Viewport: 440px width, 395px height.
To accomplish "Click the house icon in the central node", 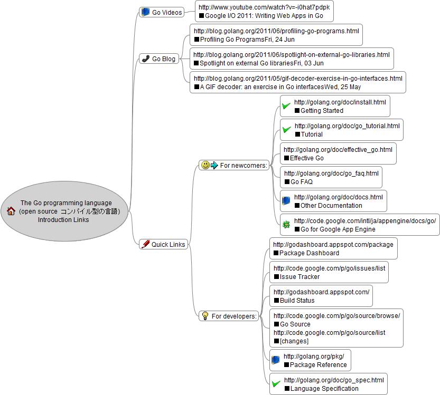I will (x=11, y=211).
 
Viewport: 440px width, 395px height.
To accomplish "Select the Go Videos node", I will (x=162, y=12).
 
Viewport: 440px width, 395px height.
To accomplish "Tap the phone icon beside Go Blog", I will (x=146, y=59).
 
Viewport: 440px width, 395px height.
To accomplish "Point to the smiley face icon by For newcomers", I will (x=205, y=165).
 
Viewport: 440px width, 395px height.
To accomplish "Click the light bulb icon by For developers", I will (x=205, y=316).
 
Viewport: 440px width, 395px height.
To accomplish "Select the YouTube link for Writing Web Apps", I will (x=264, y=12).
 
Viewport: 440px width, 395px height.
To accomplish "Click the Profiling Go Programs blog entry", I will (x=276, y=35).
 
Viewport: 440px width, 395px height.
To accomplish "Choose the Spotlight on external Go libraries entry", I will (x=291, y=59).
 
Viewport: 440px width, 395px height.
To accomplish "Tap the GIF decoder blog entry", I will (x=297, y=82).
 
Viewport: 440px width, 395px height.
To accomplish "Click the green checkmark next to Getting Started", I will (x=286, y=107).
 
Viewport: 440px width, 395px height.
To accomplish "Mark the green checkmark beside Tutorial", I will (x=286, y=130).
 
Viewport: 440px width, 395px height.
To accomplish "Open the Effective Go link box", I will (x=338, y=153).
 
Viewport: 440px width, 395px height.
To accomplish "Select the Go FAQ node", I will (x=331, y=177).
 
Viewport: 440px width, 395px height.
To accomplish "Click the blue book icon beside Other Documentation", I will (x=286, y=201).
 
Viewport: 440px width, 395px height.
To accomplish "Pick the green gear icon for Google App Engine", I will (x=286, y=225).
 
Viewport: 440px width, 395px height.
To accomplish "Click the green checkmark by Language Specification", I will (x=276, y=384).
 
